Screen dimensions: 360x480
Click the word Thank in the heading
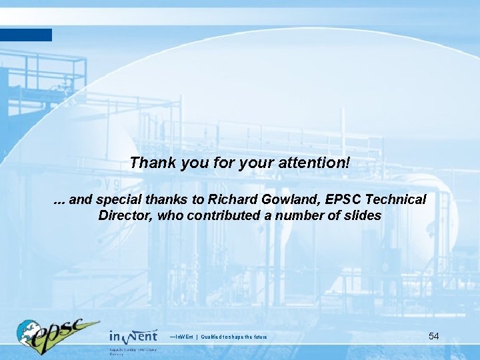[x=150, y=163]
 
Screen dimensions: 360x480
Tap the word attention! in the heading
[x=317, y=163]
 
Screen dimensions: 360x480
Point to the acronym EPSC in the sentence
[x=339, y=200]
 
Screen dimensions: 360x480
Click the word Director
[x=125, y=215]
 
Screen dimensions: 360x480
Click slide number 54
[x=433, y=336]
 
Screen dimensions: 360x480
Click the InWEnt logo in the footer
[x=133, y=335]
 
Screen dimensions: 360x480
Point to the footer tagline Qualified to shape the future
[x=234, y=337]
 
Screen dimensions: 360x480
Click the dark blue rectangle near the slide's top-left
[x=25, y=35]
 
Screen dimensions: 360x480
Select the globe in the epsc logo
[x=28, y=332]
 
